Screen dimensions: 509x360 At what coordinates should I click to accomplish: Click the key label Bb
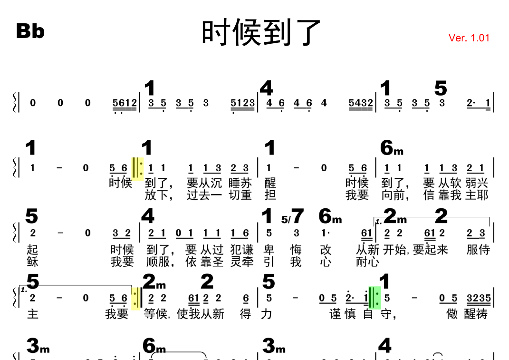point(30,31)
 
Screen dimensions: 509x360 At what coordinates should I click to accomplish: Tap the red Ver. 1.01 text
point(469,38)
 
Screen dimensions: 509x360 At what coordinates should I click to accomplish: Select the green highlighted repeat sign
point(375,298)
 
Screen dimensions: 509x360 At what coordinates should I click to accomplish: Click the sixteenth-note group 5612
point(125,103)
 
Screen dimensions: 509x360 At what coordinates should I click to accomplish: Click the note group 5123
point(242,103)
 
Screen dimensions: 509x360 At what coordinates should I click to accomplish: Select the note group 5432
point(361,103)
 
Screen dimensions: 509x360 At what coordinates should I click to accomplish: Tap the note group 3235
point(479,298)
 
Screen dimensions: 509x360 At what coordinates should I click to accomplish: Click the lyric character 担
point(269,195)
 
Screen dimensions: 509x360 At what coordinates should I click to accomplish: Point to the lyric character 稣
point(32,262)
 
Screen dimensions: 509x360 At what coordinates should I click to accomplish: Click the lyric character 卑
point(269,250)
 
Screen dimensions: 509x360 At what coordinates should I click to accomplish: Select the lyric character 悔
point(296,250)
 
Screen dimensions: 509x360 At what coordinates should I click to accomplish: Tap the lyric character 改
point(325,250)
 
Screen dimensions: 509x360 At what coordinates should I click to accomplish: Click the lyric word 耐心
point(367,262)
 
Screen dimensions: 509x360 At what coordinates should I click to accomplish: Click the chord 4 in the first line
point(266,88)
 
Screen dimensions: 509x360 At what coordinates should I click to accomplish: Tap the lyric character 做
point(452,314)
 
